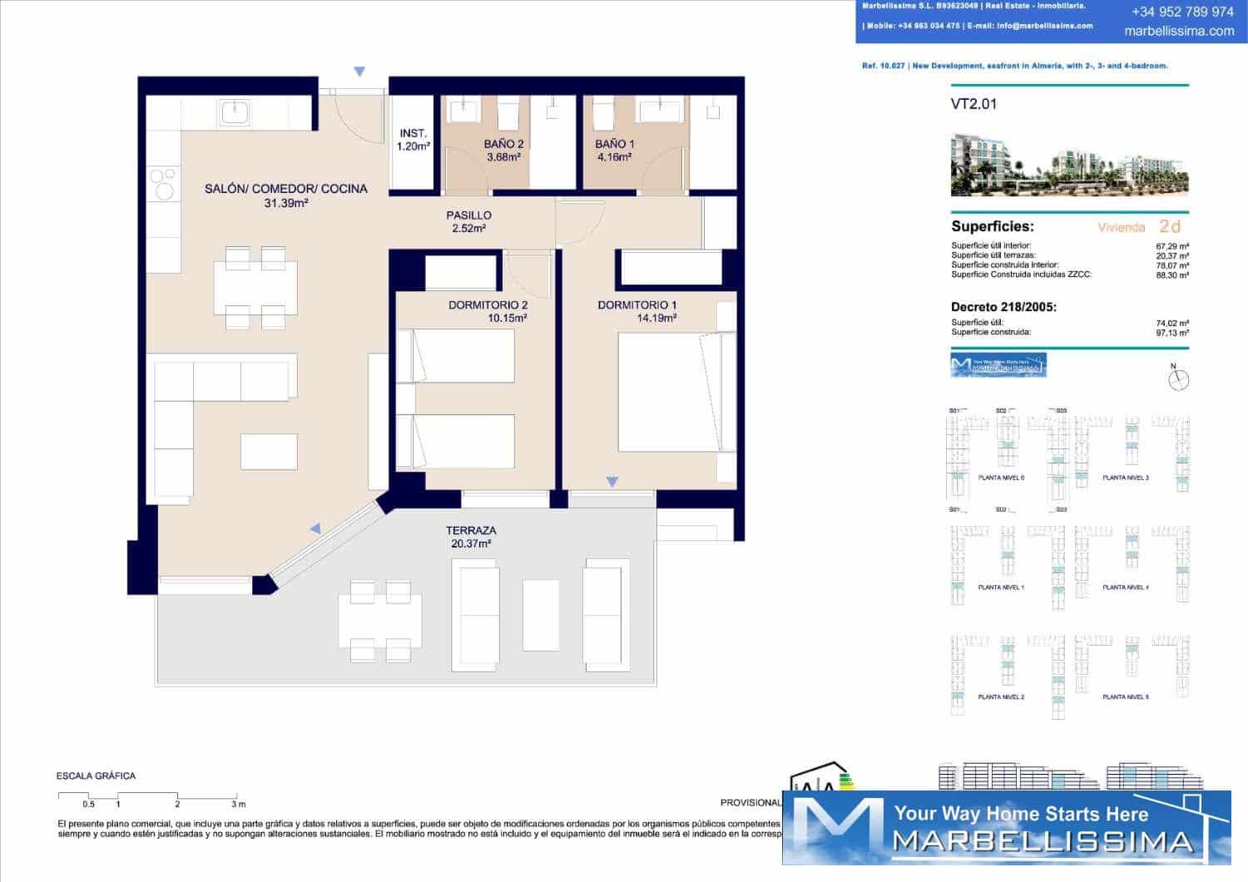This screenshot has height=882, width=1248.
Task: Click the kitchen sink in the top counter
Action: click(235, 112)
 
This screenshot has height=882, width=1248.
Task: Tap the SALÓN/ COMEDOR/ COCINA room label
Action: click(285, 189)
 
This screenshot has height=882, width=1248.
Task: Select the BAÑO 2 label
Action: click(503, 144)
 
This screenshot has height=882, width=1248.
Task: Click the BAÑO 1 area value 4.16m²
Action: click(614, 157)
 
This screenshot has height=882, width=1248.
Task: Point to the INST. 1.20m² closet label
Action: click(413, 140)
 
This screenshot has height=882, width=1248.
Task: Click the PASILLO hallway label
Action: click(468, 216)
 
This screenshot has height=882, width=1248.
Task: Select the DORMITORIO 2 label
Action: click(488, 305)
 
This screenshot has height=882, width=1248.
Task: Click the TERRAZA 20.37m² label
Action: click(471, 537)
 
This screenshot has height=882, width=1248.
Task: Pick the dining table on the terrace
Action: click(379, 621)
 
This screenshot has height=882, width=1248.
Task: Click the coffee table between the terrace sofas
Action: click(540, 615)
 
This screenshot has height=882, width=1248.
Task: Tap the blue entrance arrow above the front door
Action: click(359, 72)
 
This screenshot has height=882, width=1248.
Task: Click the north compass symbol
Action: click(1178, 379)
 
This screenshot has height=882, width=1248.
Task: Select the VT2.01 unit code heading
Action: click(973, 104)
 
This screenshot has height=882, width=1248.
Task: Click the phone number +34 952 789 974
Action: click(1182, 12)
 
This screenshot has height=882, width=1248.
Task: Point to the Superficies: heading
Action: click(992, 226)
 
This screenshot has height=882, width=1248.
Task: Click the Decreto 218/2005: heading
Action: click(1003, 307)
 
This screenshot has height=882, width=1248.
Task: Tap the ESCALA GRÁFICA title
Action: click(96, 775)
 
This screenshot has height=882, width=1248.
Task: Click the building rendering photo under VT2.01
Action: click(1069, 165)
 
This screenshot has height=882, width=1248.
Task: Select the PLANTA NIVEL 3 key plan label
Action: click(1125, 478)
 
